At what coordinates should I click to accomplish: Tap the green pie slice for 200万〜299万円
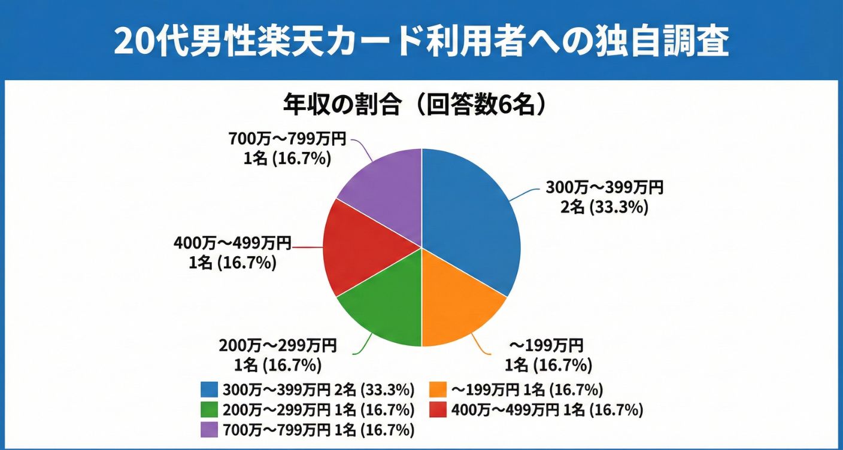(383, 305)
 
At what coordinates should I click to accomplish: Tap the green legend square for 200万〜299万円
(209, 411)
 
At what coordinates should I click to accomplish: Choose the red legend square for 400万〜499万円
(439, 411)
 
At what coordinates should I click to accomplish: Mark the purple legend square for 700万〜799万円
(209, 430)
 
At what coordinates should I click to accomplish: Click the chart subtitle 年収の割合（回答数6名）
(416, 105)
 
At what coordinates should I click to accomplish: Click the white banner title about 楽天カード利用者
(421, 41)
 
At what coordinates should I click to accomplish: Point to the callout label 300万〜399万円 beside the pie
(604, 188)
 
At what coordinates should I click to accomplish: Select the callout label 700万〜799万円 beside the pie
(287, 139)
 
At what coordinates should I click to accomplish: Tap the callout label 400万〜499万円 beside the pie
(232, 243)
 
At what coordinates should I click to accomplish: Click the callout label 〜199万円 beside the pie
(546, 345)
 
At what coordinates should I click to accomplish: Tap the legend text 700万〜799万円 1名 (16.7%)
(319, 430)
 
